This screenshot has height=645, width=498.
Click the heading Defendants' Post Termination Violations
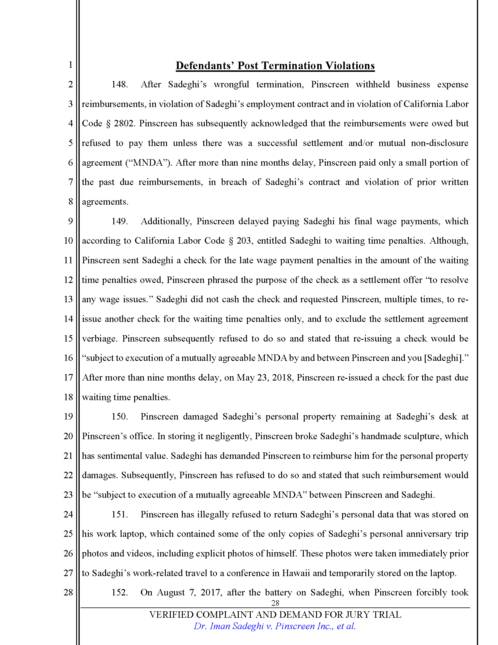click(x=275, y=66)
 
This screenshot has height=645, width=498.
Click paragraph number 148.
click(x=120, y=84)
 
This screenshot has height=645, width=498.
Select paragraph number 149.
click(x=120, y=221)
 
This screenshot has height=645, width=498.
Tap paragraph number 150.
click(x=120, y=416)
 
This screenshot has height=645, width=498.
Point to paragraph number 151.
click(x=120, y=514)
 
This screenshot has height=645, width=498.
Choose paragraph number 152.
click(x=120, y=592)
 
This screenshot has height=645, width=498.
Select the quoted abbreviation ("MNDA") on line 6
click(x=149, y=163)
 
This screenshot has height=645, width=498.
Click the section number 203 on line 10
click(x=244, y=241)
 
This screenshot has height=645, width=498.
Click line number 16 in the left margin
click(x=68, y=358)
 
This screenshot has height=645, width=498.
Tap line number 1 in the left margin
click(x=70, y=65)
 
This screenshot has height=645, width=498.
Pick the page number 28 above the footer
click(x=275, y=603)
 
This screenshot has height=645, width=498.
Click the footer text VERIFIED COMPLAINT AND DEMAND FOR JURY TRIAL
click(x=275, y=615)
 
